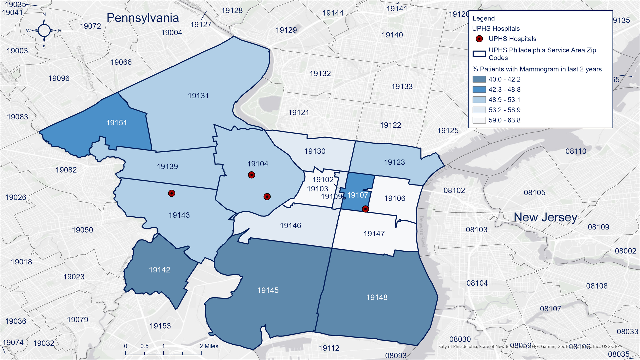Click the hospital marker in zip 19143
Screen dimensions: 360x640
tap(171, 193)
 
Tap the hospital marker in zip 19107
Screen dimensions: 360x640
tap(365, 209)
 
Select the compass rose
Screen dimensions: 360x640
tap(44, 31)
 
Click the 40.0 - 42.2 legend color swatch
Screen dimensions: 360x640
tap(479, 79)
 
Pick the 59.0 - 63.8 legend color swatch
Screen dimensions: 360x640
tap(479, 120)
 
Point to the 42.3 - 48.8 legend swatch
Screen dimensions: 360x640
tap(479, 90)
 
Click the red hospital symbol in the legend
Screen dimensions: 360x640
tap(479, 39)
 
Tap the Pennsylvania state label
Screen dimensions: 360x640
tap(143, 18)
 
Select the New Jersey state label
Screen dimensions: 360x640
tap(545, 217)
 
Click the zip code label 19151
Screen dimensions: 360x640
tap(116, 123)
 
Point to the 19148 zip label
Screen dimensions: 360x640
tap(377, 297)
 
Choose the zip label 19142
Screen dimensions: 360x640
tap(159, 270)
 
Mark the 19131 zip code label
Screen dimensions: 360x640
tap(198, 96)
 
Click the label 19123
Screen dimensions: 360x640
tap(394, 162)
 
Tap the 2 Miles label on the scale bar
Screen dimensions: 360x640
tap(209, 346)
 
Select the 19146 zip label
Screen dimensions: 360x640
tap(290, 226)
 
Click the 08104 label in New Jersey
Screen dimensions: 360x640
tap(477, 283)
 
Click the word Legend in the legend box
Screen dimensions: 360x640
tap(483, 18)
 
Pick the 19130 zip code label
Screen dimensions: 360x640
tap(315, 151)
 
